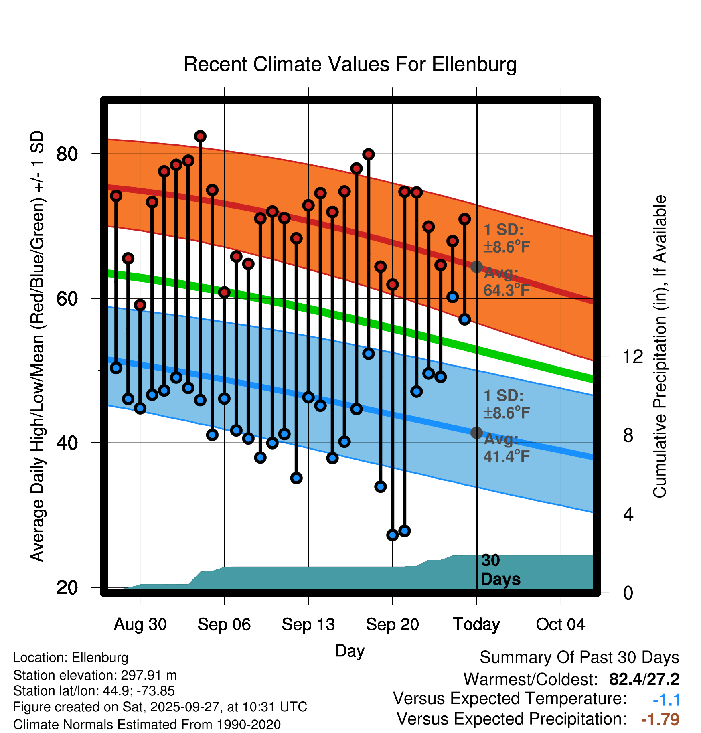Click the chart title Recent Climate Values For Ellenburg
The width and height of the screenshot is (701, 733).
[350, 64]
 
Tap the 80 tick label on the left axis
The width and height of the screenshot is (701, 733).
[67, 154]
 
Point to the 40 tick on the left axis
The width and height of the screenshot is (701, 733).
[67, 443]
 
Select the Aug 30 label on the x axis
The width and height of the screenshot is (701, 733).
[140, 624]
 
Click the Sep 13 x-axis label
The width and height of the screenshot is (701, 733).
[308, 624]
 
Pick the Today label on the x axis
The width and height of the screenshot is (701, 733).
[476, 624]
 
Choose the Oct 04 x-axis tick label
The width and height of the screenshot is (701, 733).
[560, 624]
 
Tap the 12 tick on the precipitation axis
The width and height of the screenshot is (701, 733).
[632, 356]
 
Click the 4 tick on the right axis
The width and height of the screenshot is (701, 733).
[628, 514]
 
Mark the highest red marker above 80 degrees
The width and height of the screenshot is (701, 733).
[200, 136]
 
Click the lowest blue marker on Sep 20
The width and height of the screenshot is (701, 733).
[392, 535]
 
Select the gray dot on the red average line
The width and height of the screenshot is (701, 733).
[476, 267]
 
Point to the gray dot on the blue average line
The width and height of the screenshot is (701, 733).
[476, 433]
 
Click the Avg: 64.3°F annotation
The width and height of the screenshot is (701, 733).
[506, 281]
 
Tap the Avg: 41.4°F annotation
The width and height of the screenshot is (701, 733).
[506, 447]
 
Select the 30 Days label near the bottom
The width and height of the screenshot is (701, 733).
[500, 570]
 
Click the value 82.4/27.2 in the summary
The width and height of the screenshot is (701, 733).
[644, 679]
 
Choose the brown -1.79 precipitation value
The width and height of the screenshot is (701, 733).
[660, 719]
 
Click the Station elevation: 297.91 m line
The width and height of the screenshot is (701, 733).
[95, 675]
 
